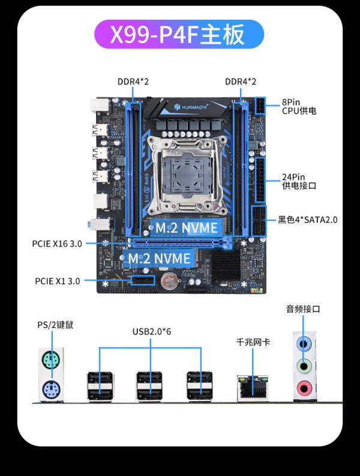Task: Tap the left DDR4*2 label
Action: point(133,81)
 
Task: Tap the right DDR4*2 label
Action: point(241,81)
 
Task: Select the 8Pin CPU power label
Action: point(299,106)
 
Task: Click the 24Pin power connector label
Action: point(299,181)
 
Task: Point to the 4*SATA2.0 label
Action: point(307,219)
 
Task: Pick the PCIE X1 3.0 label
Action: point(57,280)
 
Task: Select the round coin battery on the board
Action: point(170,281)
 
